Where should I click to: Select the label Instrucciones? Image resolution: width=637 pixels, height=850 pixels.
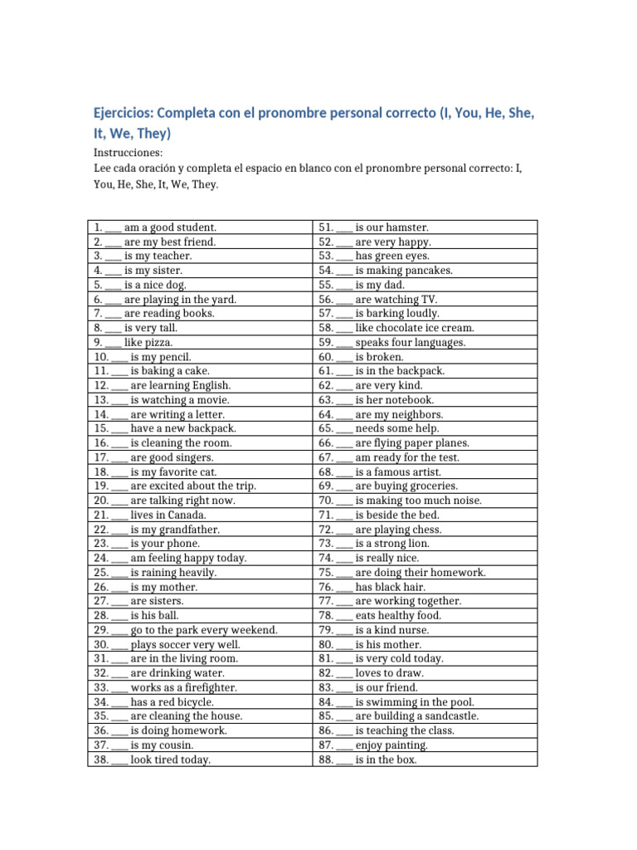128,154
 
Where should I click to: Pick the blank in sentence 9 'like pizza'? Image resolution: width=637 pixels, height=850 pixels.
114,342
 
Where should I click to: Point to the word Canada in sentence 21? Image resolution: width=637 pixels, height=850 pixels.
193,515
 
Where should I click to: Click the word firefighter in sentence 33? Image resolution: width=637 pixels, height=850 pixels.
209,687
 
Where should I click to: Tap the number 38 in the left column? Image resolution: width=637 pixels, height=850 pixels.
101,760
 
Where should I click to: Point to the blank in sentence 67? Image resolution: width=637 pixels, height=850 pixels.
344,457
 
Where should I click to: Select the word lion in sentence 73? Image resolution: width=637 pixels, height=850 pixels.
419,544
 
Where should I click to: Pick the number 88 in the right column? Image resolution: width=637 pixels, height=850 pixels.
325,760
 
